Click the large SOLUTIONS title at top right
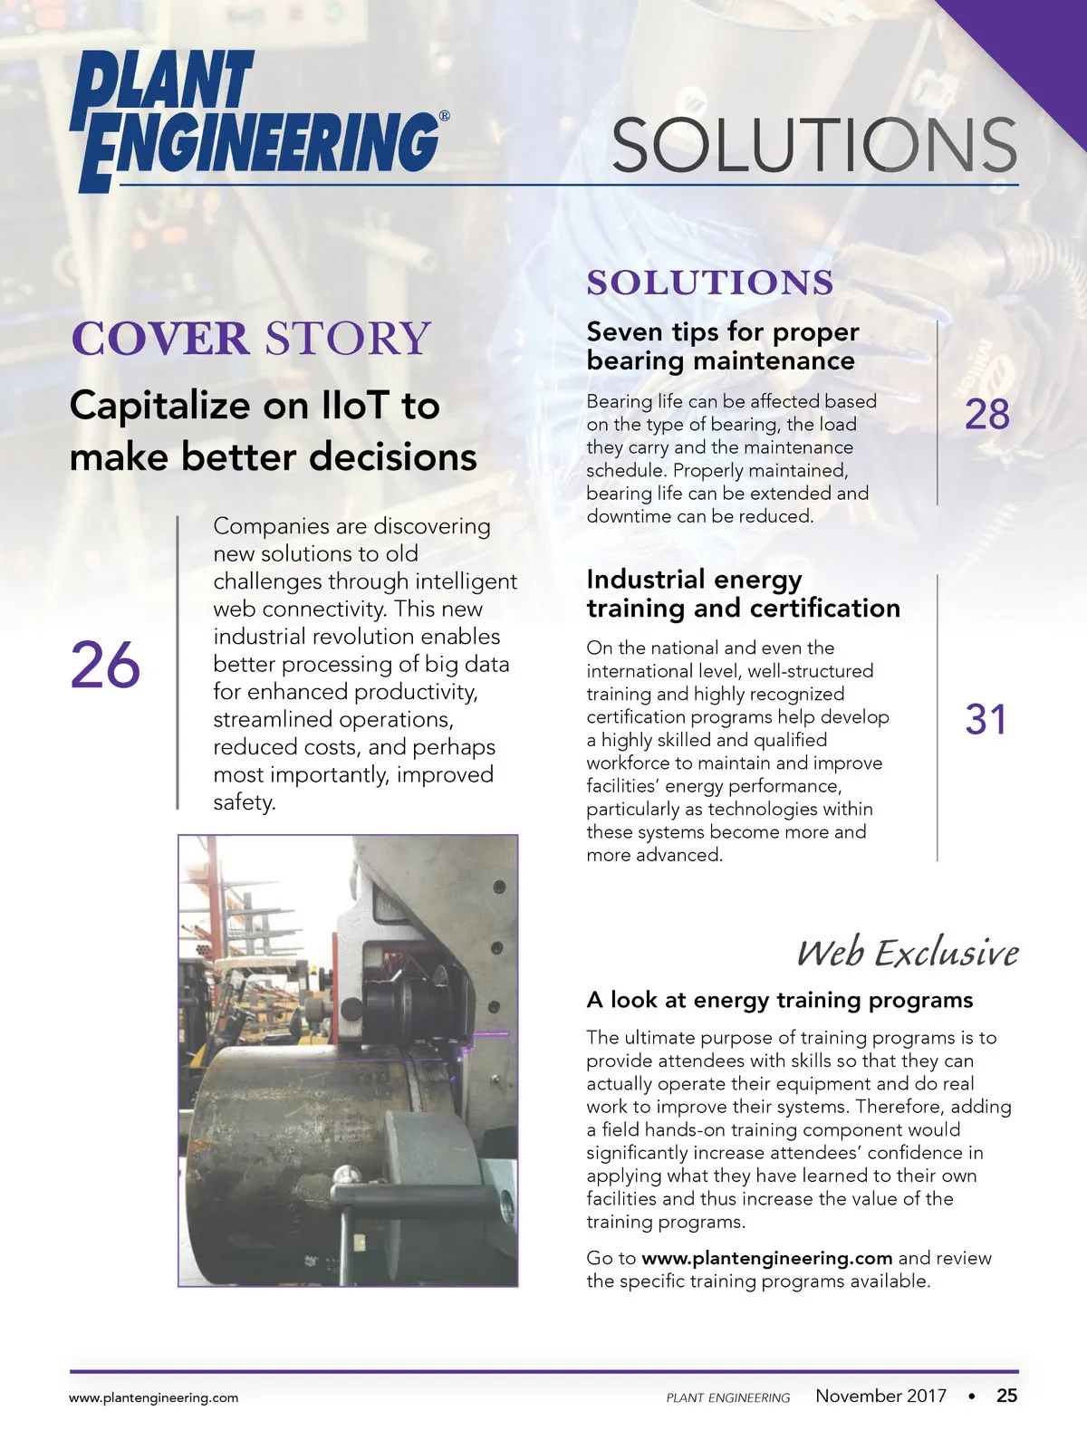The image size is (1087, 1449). point(813,145)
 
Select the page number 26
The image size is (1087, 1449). point(105,666)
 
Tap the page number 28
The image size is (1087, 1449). point(986,415)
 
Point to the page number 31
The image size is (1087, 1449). point(986,720)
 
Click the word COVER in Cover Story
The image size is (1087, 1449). point(159,339)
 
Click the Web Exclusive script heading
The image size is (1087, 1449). point(907,953)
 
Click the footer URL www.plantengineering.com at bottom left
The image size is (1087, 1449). point(154,1397)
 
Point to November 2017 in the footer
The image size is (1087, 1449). point(880,1396)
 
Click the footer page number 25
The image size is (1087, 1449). point(1006,1396)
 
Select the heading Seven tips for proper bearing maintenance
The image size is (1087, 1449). point(722,346)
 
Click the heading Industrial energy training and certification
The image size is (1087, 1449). point(743,593)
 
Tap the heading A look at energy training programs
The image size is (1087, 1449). point(779,1000)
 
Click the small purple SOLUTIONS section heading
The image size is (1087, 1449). point(709,283)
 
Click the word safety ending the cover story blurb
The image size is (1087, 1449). point(243,802)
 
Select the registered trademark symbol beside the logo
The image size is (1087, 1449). point(444,116)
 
